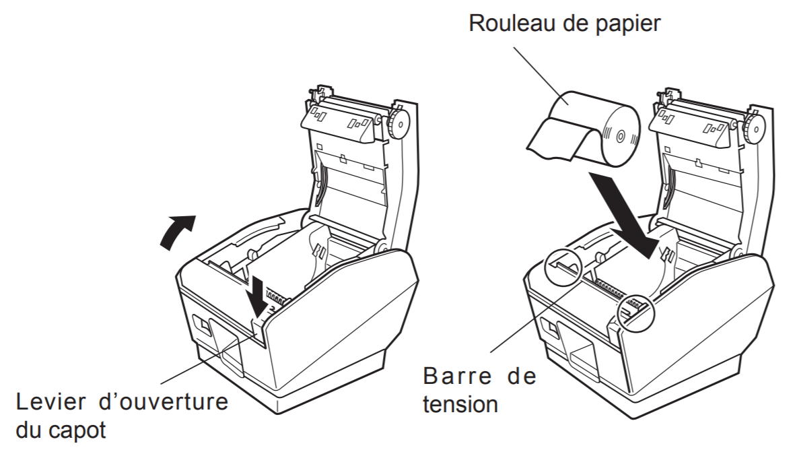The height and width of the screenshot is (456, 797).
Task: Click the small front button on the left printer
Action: tap(201, 325)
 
